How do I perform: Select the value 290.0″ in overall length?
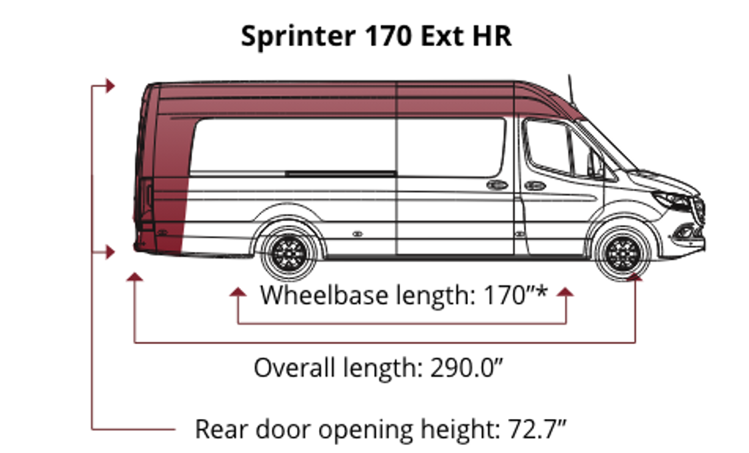[x=464, y=367]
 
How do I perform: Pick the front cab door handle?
[x=535, y=185]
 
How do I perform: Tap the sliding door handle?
[x=497, y=185]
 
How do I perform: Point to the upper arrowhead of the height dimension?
[x=109, y=86]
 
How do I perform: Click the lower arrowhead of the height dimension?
[x=109, y=252]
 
